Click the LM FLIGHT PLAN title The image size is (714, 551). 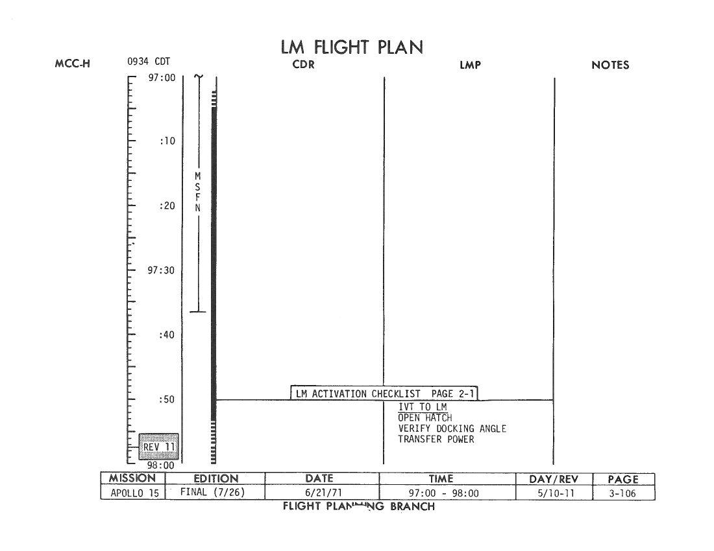coord(352,47)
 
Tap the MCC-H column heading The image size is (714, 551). coord(73,64)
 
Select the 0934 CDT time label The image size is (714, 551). coord(149,62)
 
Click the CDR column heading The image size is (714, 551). coord(303,65)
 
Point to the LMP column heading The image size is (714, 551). coord(470,65)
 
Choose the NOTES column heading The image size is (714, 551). coord(610,65)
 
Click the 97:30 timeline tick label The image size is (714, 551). coord(161,270)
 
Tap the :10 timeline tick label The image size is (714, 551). coord(167,141)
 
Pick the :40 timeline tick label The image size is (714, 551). coord(167,335)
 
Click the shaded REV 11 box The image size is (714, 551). coord(158,447)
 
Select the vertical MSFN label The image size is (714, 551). coord(197,192)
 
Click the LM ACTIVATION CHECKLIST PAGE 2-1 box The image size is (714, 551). coord(384,393)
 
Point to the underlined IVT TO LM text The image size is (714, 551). coord(423,407)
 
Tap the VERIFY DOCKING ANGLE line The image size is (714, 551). coord(452,428)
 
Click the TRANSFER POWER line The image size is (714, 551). coord(436,439)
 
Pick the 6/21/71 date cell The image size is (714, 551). coord(323,493)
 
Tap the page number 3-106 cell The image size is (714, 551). coord(623,493)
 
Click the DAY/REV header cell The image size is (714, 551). coord(554,479)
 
